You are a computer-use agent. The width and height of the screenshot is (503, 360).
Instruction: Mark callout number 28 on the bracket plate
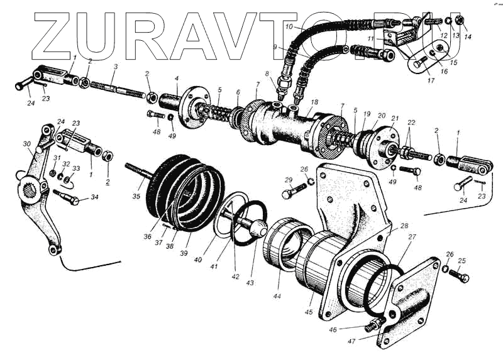tap(404, 225)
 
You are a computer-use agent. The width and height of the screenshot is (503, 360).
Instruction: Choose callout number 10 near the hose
tap(289, 27)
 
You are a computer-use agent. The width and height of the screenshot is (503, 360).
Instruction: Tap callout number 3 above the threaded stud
tap(116, 66)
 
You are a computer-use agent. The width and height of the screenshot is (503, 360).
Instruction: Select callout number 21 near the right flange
tap(395, 117)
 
